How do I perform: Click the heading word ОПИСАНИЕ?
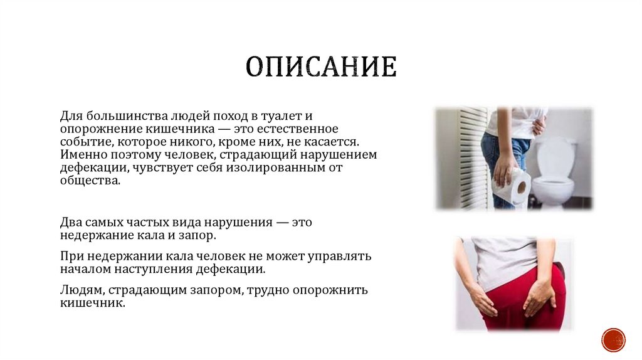[320, 67]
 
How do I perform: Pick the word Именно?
[81, 155]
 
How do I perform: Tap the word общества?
[89, 181]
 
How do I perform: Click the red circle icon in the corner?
[613, 339]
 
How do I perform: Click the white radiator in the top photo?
[473, 157]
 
